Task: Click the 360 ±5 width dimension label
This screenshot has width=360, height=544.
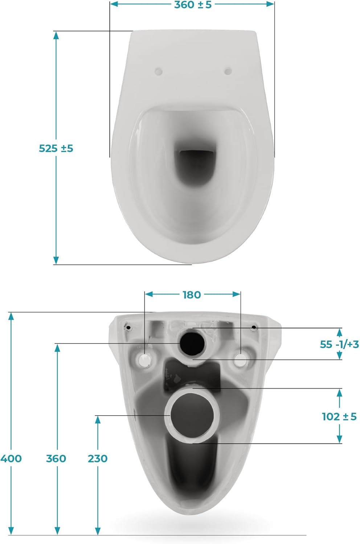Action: click(x=193, y=5)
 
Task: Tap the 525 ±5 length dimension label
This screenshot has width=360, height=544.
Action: click(x=56, y=148)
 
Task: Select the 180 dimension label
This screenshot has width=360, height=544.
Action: click(x=192, y=295)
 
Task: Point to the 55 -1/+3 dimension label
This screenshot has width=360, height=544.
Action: click(x=339, y=344)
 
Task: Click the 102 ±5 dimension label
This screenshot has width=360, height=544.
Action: click(x=339, y=416)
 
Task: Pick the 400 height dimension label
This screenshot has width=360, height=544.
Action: click(x=11, y=458)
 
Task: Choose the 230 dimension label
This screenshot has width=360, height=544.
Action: click(x=98, y=458)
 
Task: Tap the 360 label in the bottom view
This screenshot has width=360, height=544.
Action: click(x=56, y=458)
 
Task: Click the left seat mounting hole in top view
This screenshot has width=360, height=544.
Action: click(x=159, y=71)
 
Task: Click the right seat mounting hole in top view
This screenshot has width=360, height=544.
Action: click(x=228, y=71)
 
